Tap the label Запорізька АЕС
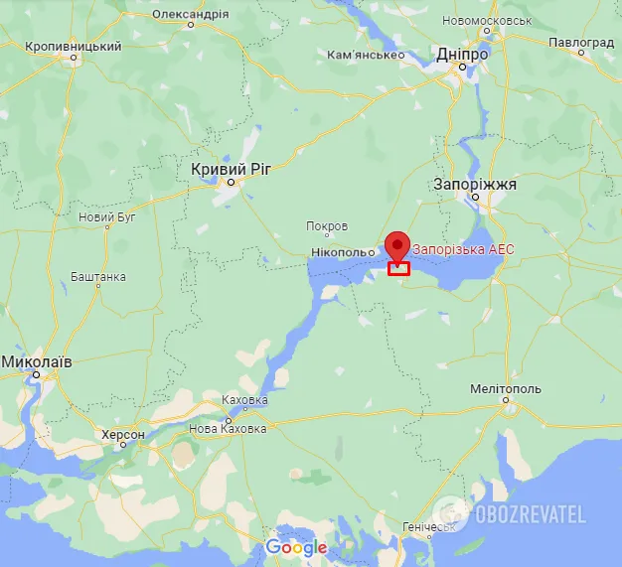point(463,249)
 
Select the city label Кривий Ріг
point(231,170)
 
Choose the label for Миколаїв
point(36,362)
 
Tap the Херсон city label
point(123,435)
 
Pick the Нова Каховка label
point(228,429)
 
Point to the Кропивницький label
point(74,47)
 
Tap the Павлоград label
point(581,43)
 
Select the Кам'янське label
point(365,55)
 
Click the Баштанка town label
point(98,276)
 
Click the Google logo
point(296,547)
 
